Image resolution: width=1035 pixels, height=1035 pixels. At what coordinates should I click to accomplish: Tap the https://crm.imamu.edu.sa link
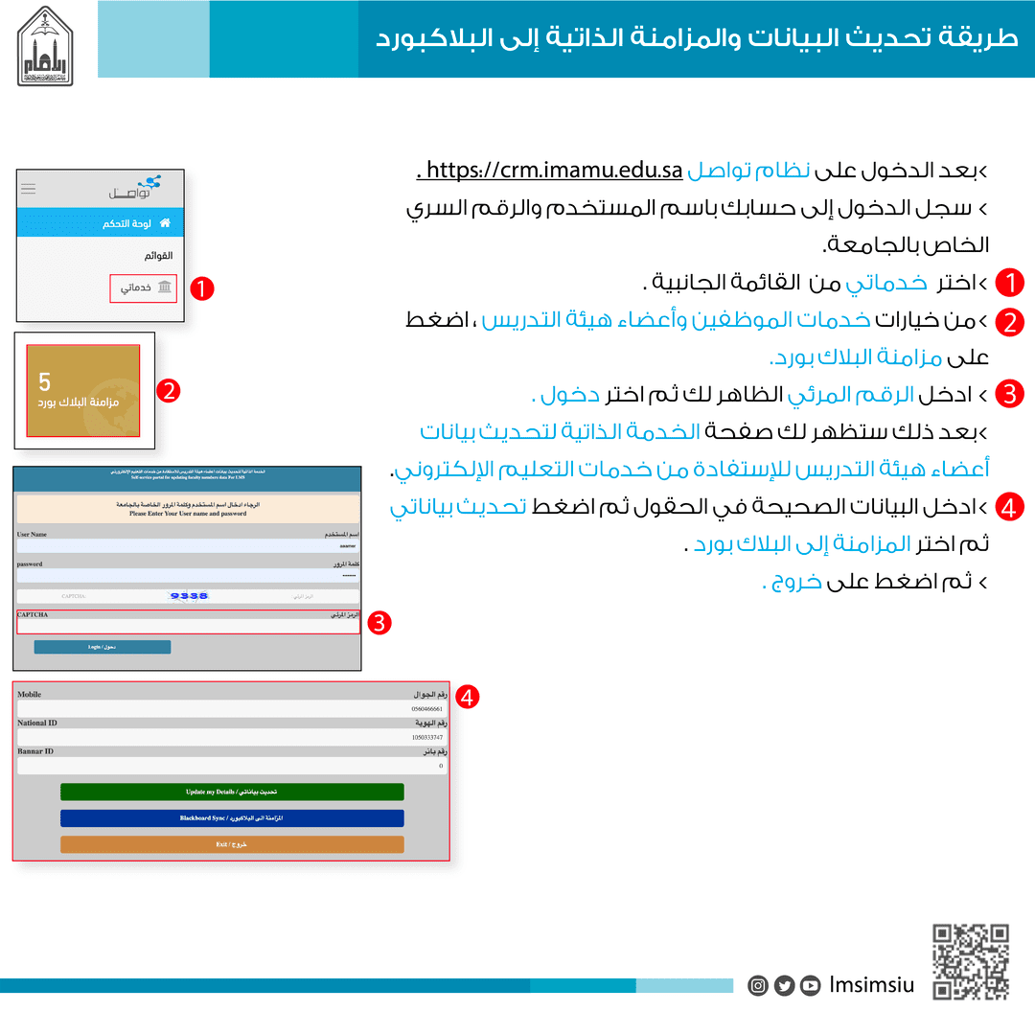tap(554, 172)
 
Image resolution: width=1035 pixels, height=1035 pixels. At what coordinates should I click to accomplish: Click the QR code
tap(971, 961)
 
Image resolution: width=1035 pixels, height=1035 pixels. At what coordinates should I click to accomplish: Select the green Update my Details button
tap(232, 792)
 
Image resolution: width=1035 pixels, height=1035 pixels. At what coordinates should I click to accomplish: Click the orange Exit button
tap(232, 844)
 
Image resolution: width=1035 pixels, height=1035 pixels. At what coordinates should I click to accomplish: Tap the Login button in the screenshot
tap(103, 647)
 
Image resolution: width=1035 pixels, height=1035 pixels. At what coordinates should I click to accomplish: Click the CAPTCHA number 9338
tap(189, 596)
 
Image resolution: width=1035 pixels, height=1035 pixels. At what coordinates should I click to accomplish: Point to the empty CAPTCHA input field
tap(188, 625)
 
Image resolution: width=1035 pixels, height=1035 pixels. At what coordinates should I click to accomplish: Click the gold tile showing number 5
tap(83, 390)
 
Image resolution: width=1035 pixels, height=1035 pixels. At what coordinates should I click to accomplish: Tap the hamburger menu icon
tap(29, 189)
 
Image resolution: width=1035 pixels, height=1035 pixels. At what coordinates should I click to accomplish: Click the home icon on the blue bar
tap(165, 223)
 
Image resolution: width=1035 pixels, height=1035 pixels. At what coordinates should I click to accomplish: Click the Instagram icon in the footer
tap(758, 985)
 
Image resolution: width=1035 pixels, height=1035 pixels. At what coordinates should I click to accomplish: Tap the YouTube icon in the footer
tap(811, 985)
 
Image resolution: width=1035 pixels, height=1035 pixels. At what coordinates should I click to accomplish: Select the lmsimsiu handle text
tap(872, 985)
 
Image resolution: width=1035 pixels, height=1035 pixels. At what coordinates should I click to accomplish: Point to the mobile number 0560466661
tap(425, 709)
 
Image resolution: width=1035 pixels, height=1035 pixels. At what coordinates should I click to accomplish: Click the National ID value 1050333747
tap(425, 738)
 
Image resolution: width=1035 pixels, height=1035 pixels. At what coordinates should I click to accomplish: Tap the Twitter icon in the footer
tap(784, 985)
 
